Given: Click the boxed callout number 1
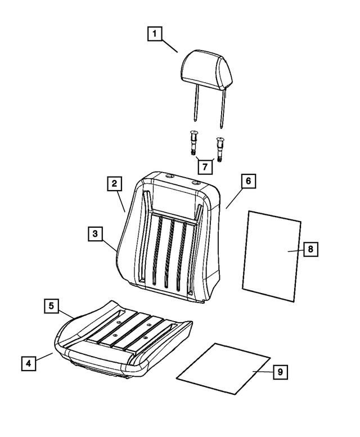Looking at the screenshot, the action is coord(155,34).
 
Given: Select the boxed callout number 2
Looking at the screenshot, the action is coord(114,183).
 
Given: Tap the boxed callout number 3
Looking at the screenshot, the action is coord(95,233).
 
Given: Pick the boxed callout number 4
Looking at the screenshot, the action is coord(29,363).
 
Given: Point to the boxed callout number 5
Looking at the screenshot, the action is coord(52,306).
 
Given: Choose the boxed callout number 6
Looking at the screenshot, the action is coord(248,181).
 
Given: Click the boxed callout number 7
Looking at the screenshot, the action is coord(205,167).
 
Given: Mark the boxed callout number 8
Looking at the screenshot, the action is coord(310,249).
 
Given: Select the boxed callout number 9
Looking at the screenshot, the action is coord(280,372).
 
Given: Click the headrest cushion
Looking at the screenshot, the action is coord(207,70).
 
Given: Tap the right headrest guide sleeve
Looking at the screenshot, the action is coord(220,150).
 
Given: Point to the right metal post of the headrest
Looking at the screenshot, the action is coord(222,109).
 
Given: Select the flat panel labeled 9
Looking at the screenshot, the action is coord(223,368).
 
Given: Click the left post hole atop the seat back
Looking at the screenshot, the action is coord(169,176).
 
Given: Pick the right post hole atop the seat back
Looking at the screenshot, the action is coord(197,183).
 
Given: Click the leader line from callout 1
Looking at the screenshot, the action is coord(170,47).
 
